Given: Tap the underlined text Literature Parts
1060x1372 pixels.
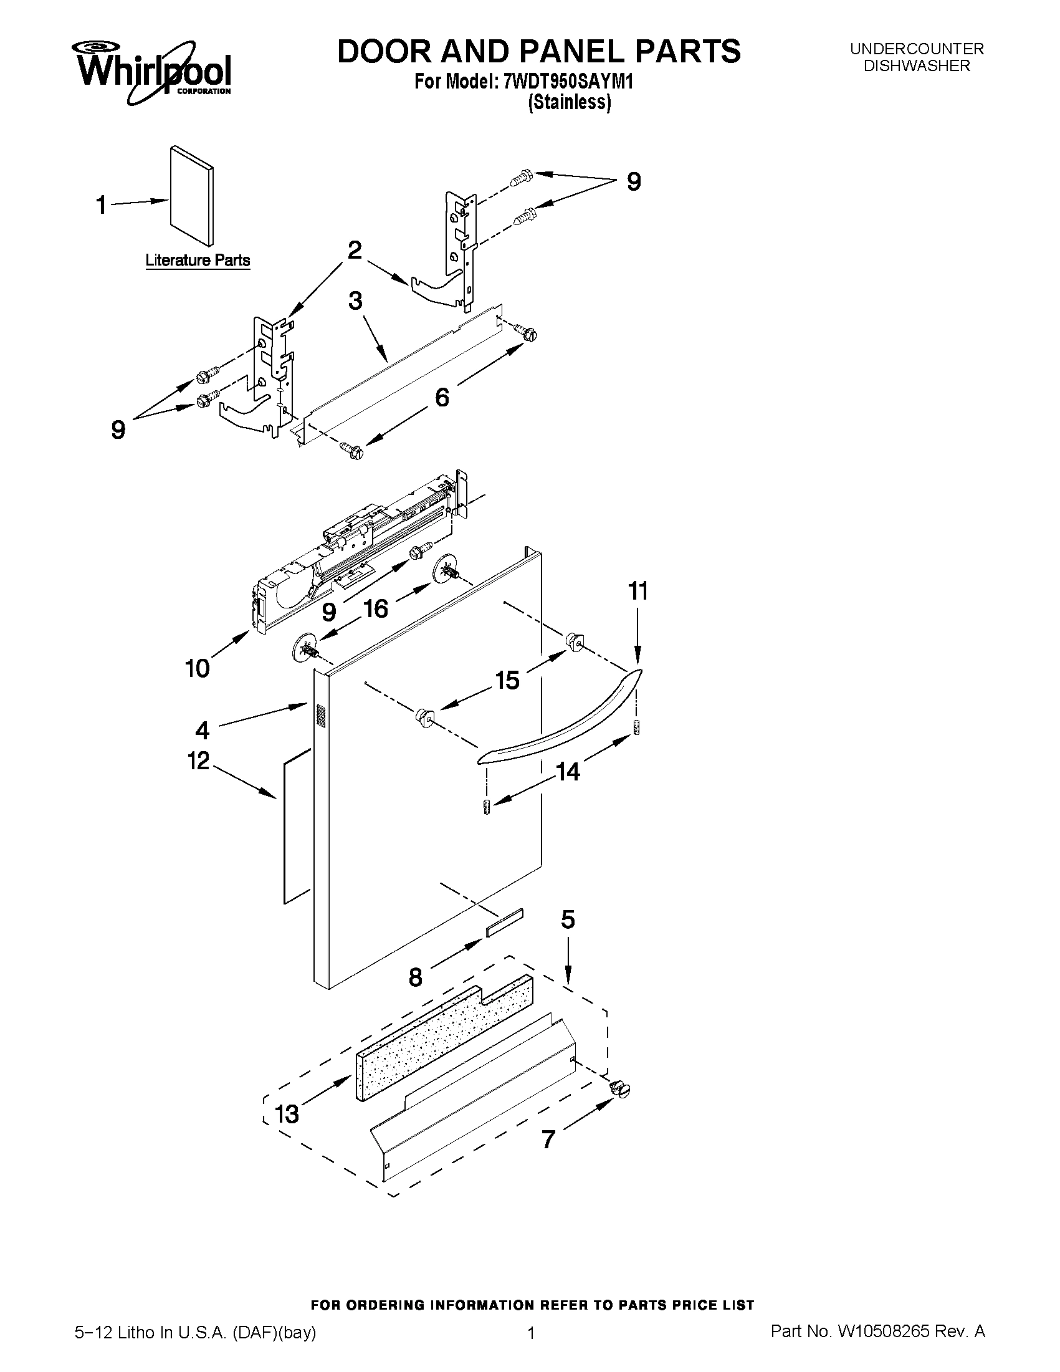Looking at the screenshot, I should (197, 260).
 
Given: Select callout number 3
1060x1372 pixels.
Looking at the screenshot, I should (355, 301).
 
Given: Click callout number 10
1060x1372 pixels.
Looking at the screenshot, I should (197, 668).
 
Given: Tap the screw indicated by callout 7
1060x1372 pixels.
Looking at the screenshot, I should (619, 1088).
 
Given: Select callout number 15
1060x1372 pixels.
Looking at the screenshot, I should (507, 679).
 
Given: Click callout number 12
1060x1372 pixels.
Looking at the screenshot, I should (198, 760).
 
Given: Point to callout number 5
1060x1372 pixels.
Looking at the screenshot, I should (567, 919).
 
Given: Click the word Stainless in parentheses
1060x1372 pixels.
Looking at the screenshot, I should (569, 102).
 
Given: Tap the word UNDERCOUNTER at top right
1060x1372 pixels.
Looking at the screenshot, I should (916, 49).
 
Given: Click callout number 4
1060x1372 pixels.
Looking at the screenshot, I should (202, 730).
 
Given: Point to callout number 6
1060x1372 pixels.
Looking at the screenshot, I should (442, 397).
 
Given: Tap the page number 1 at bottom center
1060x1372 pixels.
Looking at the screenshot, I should (531, 1330).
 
